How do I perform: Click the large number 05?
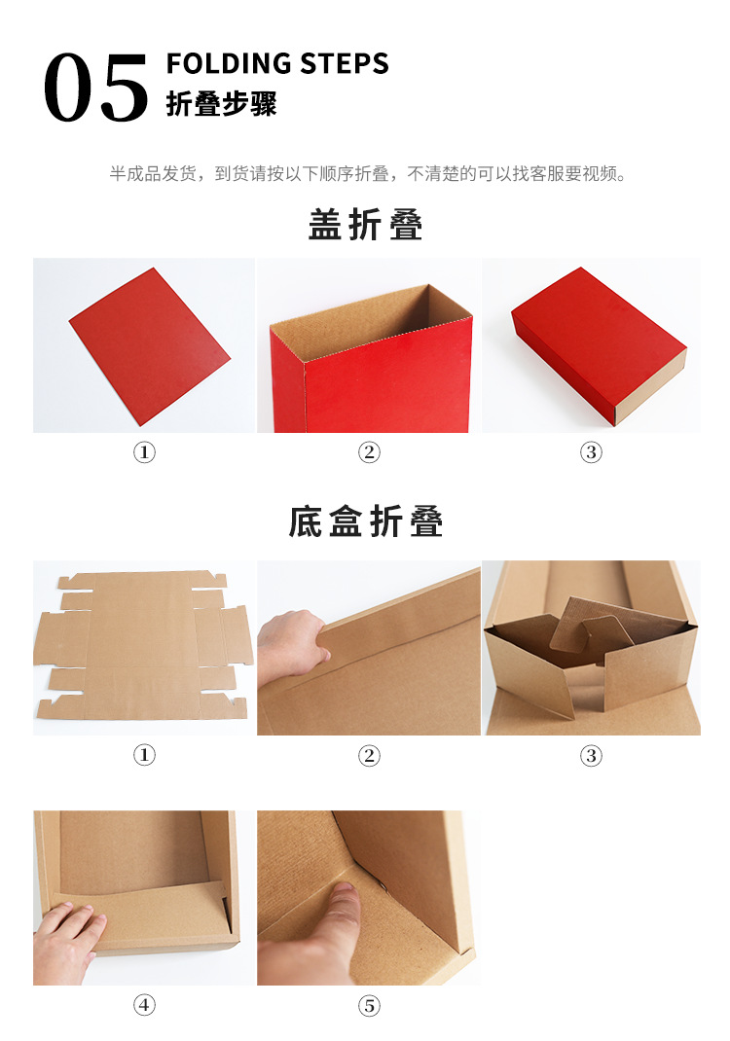(95, 88)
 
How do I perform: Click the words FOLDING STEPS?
(277, 64)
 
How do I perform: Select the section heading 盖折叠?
(366, 226)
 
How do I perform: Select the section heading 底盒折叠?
(366, 522)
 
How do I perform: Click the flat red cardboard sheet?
(148, 345)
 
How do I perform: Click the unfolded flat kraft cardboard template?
(143, 646)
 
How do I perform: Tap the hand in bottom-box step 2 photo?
(293, 642)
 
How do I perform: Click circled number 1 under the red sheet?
(144, 452)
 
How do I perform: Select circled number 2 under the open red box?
(369, 452)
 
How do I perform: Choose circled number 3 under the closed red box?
(592, 452)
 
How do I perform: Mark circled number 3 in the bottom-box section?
(592, 756)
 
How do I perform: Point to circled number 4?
(144, 1006)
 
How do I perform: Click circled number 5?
(369, 1006)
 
